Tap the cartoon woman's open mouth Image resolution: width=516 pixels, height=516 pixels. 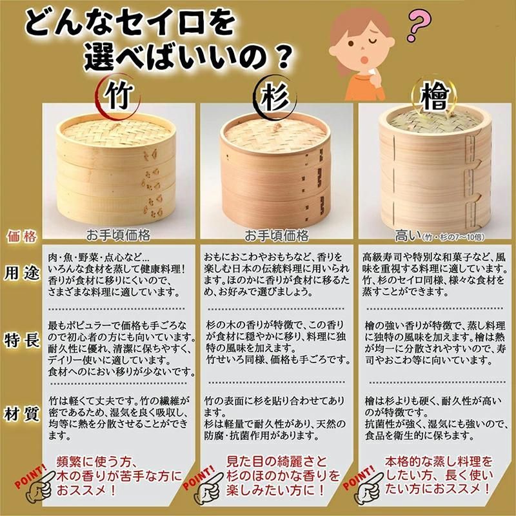tap(365, 60)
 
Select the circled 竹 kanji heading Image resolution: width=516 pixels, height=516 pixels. tap(118, 95)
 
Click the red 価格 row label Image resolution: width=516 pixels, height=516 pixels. tap(21, 237)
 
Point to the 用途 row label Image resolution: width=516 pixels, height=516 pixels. tap(21, 273)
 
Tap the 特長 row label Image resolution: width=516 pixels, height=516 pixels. tap(21, 340)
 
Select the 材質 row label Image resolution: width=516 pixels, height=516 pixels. tap(21, 413)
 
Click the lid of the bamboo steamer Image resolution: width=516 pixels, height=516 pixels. tap(116, 132)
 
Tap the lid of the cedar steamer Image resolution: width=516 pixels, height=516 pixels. tap(274, 134)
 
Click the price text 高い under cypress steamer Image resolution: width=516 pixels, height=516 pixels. tap(408, 235)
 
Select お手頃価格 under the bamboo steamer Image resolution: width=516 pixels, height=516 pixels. tap(118, 235)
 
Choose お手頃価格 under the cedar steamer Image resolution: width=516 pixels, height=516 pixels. tap(276, 235)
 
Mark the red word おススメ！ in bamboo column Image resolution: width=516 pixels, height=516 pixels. tap(86, 490)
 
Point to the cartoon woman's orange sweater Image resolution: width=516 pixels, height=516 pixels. tap(364, 86)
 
